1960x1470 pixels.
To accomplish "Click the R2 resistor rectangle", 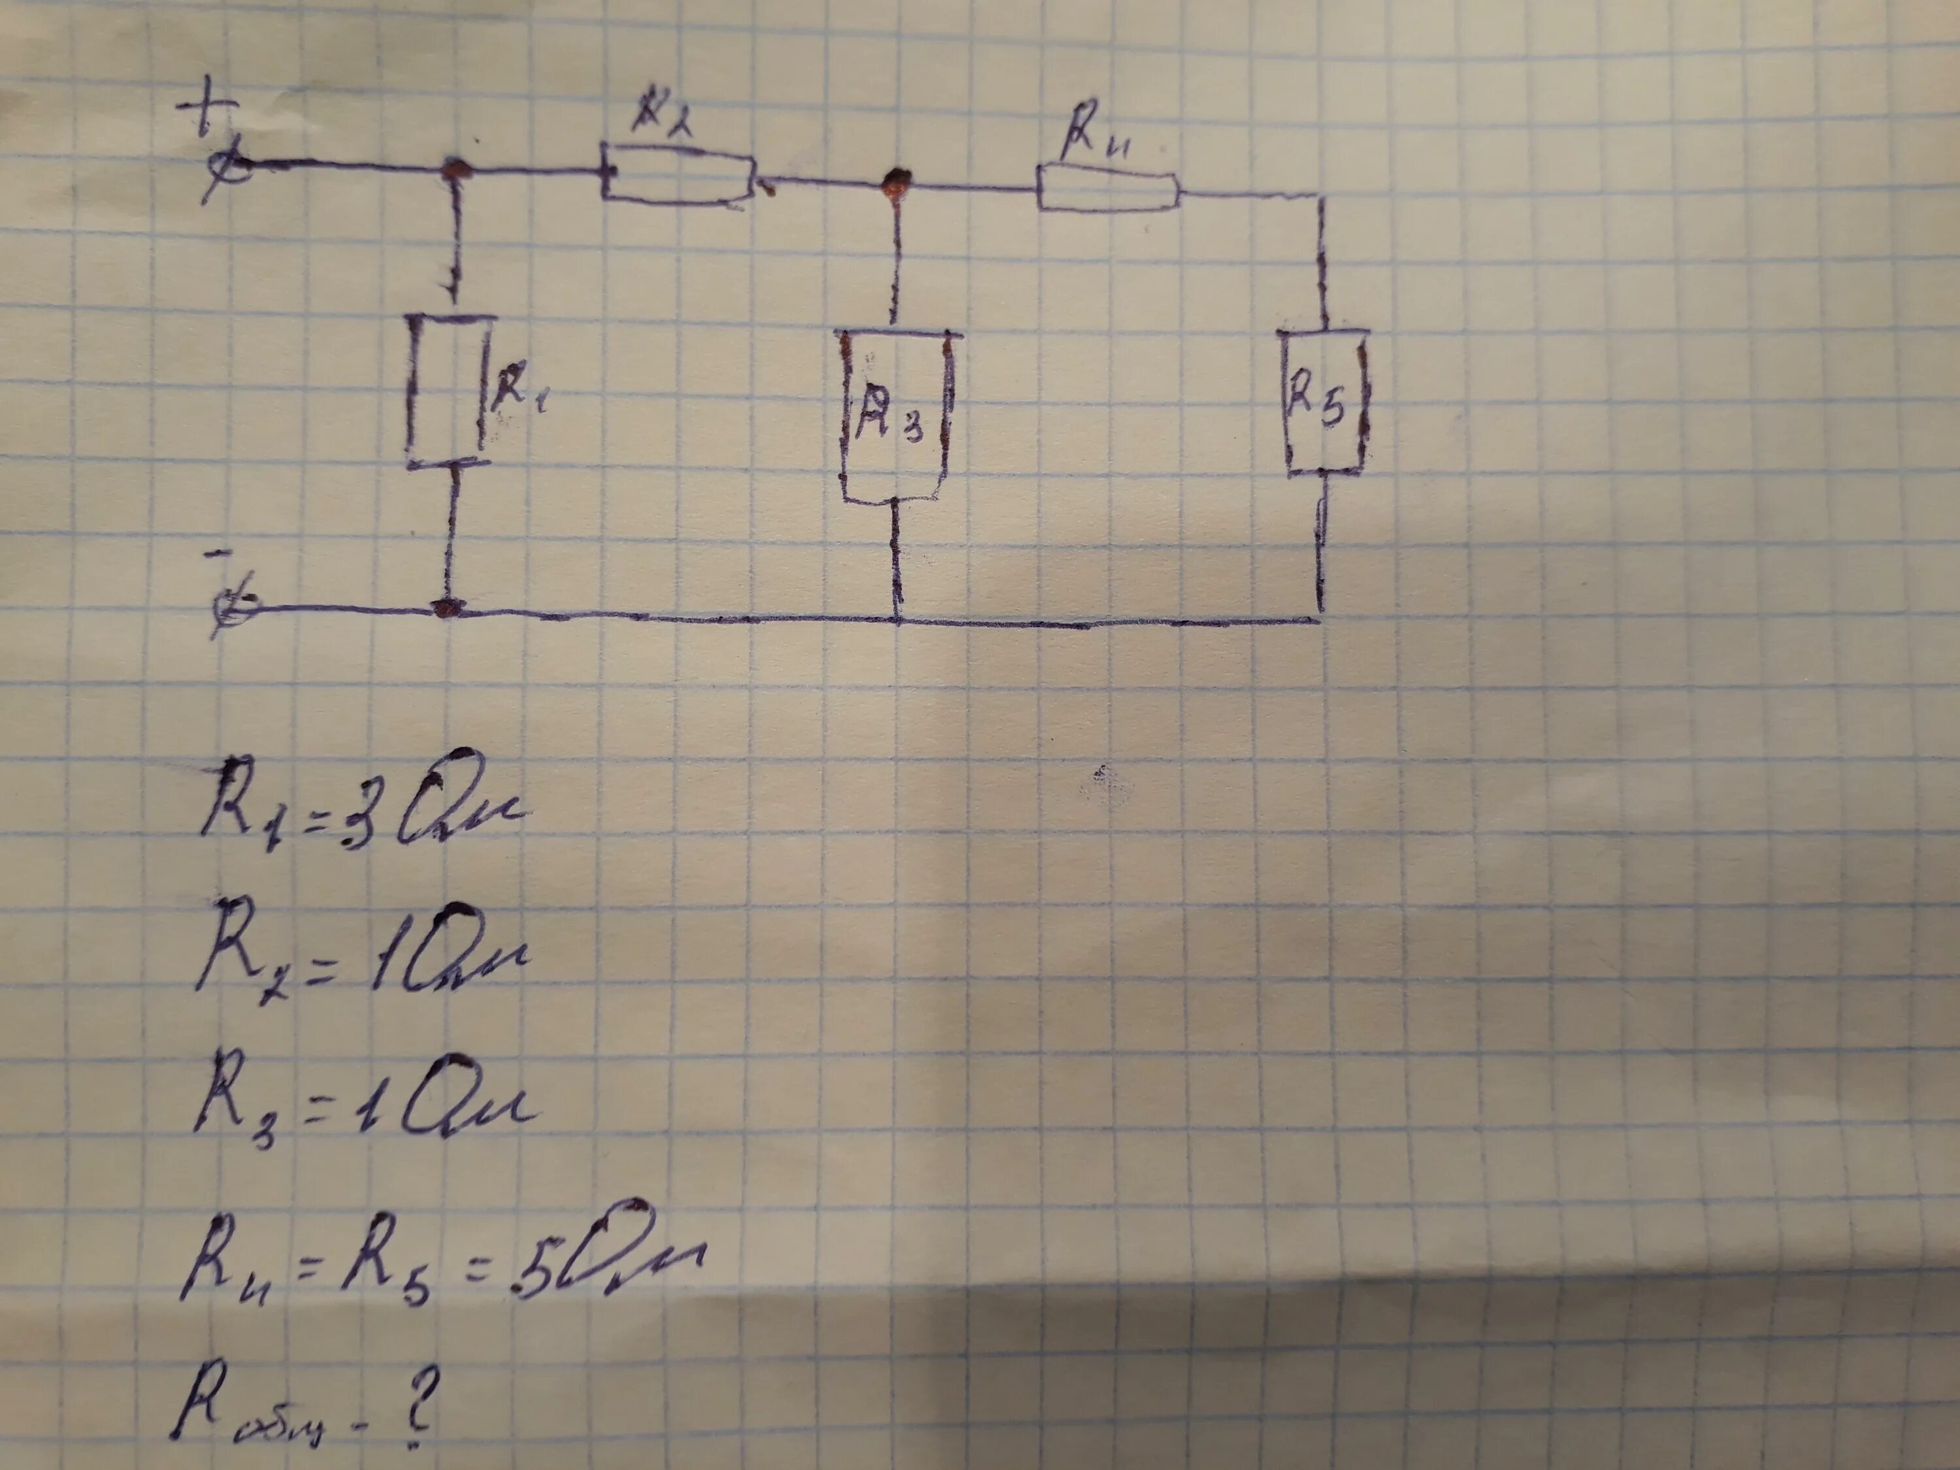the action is pyautogui.click(x=678, y=180).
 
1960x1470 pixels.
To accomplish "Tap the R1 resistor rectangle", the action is pyautogui.click(x=448, y=390).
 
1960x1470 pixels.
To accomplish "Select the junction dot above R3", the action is pyautogui.click(x=898, y=182).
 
